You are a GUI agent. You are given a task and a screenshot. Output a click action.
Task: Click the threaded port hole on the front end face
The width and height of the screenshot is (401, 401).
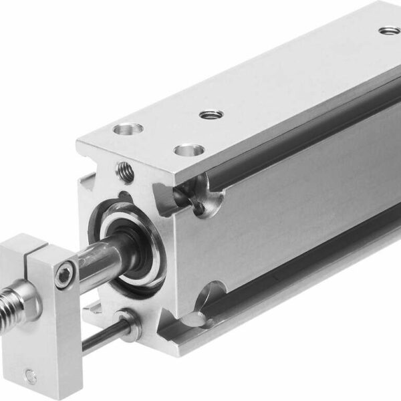[125, 172]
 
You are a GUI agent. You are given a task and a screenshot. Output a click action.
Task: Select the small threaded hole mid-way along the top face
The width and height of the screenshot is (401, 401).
[209, 114]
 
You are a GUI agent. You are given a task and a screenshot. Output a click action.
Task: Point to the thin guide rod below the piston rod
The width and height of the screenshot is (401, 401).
[100, 338]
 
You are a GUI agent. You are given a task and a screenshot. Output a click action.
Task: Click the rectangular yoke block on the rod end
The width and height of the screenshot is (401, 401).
[43, 314]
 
